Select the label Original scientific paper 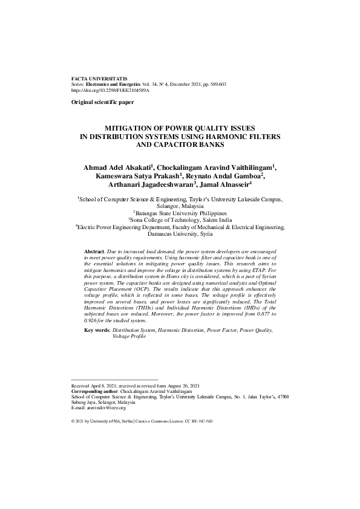(x=102, y=103)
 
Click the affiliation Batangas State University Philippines (x=181, y=213)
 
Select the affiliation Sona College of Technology (x=164, y=220)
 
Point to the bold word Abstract (x=94, y=250)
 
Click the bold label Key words (x=97, y=331)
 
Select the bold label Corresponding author (x=94, y=391)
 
